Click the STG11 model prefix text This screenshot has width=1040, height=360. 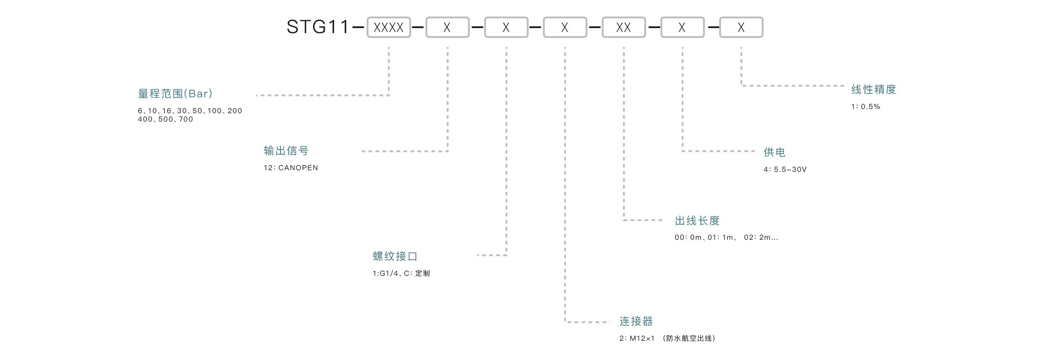tap(317, 27)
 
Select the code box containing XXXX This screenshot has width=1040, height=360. tap(389, 27)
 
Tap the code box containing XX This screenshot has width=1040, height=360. tap(623, 27)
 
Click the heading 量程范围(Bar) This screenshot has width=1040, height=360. tap(175, 93)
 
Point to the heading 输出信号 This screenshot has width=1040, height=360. tap(286, 150)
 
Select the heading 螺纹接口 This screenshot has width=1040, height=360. tap(395, 256)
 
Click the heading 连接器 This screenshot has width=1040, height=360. tap(636, 321)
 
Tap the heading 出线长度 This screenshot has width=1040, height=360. tap(697, 220)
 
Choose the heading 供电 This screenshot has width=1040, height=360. tap(774, 152)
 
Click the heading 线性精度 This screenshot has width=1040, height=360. tap(873, 89)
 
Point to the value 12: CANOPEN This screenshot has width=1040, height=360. tap(290, 168)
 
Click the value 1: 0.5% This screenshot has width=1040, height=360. tap(865, 106)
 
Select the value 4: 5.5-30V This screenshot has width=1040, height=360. tap(785, 169)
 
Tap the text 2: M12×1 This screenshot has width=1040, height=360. tap(637, 338)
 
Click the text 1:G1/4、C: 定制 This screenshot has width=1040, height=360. tap(401, 273)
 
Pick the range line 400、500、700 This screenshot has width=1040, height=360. tap(165, 119)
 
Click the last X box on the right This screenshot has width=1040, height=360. tap(741, 27)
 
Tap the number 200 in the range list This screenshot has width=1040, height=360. tap(235, 111)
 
